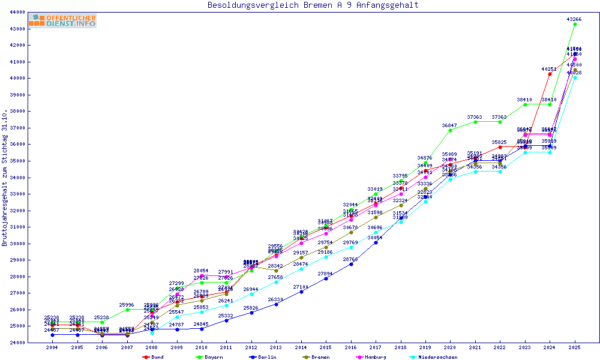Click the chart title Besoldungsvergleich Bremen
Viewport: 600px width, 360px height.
(x=313, y=5)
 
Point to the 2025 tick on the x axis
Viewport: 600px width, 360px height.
(x=575, y=347)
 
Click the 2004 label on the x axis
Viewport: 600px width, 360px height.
(x=52, y=347)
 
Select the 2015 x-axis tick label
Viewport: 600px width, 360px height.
(x=326, y=347)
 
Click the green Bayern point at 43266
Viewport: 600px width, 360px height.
(x=575, y=25)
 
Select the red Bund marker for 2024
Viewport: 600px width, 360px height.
(x=550, y=74)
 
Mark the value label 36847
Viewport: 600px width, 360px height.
(x=450, y=125)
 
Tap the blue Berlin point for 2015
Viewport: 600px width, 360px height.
(x=326, y=278)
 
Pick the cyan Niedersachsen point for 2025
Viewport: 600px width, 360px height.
(x=575, y=77)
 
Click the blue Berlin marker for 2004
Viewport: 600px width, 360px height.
(x=53, y=335)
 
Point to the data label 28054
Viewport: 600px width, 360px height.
(x=202, y=271)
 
